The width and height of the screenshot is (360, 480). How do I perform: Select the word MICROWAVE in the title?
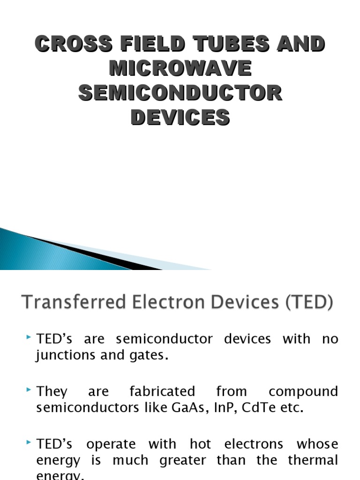click(x=180, y=69)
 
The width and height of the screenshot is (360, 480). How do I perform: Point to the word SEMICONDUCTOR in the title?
click(x=180, y=93)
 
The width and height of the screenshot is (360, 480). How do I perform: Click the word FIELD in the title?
click(x=147, y=45)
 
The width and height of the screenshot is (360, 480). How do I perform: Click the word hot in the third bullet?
click(x=201, y=443)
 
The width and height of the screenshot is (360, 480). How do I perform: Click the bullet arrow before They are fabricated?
click(x=30, y=390)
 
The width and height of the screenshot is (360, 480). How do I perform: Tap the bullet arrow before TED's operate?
click(x=30, y=442)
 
